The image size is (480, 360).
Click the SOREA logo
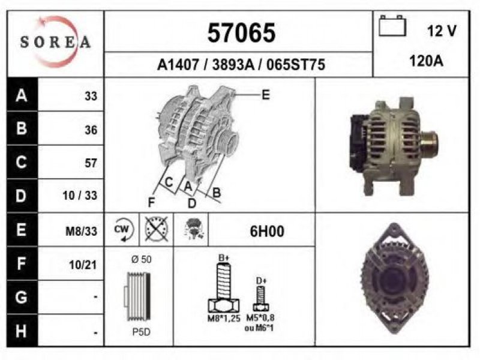pos(55,42)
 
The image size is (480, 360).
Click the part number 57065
pos(241,33)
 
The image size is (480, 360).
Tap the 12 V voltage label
pos(442,31)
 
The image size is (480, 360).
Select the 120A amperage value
pos(426,61)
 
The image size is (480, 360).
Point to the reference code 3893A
pos(233,65)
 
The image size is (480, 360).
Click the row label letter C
pos(21,161)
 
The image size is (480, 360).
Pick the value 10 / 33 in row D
pos(80,196)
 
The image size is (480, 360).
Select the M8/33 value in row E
pos(82,231)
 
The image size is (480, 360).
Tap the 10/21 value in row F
pos(83,265)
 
